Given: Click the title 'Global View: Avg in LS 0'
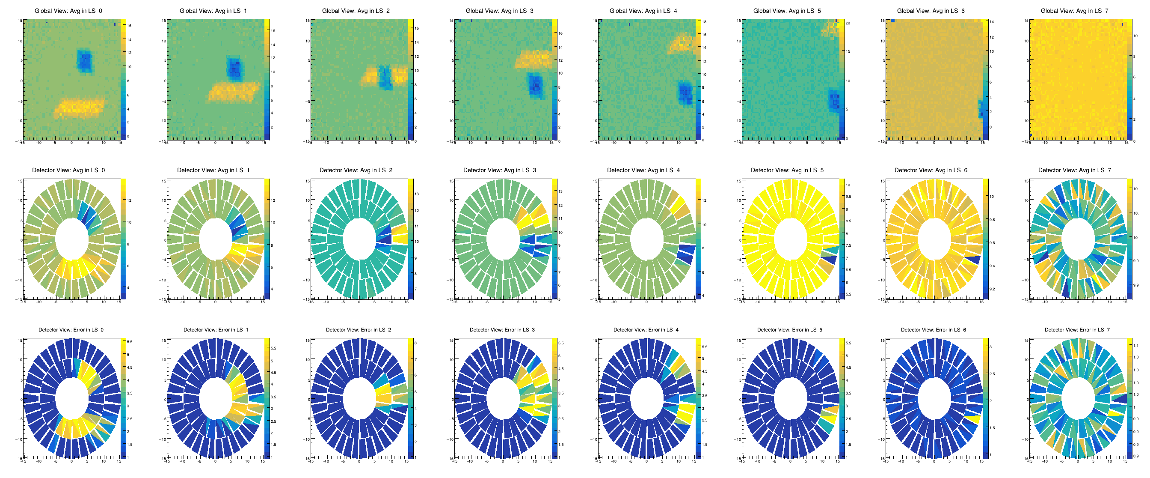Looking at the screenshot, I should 68,11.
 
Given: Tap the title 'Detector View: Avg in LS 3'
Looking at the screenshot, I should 500,170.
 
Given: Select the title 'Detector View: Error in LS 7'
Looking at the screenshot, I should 1077,330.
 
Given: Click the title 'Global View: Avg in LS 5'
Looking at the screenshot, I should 787,11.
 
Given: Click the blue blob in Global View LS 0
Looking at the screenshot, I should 84,61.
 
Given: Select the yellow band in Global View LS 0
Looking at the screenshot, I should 80,108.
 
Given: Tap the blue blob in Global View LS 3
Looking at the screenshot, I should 535,86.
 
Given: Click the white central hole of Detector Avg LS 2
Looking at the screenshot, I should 359,239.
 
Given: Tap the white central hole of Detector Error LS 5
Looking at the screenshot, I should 790,398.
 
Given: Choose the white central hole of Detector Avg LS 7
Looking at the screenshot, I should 1078,239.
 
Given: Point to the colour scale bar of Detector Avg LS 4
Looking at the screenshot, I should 698,239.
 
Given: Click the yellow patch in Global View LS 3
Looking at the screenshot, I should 533,59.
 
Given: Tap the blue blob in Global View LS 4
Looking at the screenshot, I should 685,94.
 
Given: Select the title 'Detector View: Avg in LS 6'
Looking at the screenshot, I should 931,170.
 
